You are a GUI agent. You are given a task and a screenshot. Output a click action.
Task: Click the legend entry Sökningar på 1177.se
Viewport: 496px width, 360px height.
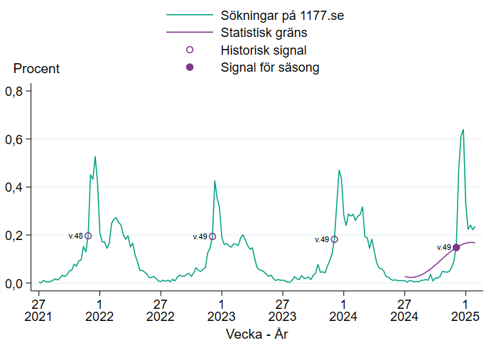tap(282, 15)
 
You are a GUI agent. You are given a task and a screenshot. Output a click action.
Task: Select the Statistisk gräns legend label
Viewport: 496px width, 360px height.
tap(264, 33)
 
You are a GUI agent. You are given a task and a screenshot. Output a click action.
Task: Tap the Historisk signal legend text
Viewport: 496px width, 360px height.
tap(264, 50)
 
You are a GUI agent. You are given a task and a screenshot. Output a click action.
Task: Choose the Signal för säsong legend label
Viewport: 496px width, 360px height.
tap(270, 68)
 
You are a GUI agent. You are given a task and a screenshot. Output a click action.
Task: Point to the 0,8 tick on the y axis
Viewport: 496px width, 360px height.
tap(15, 91)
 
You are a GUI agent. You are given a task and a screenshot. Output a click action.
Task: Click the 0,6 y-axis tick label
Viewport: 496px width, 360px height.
tap(15, 139)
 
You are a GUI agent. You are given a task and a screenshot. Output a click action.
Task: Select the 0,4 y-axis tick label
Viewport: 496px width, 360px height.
tap(15, 187)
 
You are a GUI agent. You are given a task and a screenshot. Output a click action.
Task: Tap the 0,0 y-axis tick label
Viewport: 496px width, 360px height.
tap(15, 283)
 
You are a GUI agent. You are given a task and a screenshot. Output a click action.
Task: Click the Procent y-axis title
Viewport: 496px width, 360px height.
tap(36, 69)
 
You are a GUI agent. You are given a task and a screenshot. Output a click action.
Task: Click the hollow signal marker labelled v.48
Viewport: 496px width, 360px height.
tap(88, 236)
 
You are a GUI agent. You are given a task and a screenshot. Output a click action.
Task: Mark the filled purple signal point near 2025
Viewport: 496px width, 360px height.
tap(456, 247)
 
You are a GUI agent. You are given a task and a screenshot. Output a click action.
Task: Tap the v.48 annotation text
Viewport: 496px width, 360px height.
tap(75, 236)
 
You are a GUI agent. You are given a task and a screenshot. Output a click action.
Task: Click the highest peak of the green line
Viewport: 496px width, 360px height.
tap(463, 130)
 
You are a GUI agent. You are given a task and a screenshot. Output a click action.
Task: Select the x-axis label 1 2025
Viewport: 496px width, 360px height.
tap(465, 309)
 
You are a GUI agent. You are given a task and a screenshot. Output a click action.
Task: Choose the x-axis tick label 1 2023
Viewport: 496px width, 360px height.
tap(222, 309)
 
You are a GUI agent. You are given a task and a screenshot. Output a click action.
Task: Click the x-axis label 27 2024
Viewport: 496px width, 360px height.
tap(404, 309)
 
